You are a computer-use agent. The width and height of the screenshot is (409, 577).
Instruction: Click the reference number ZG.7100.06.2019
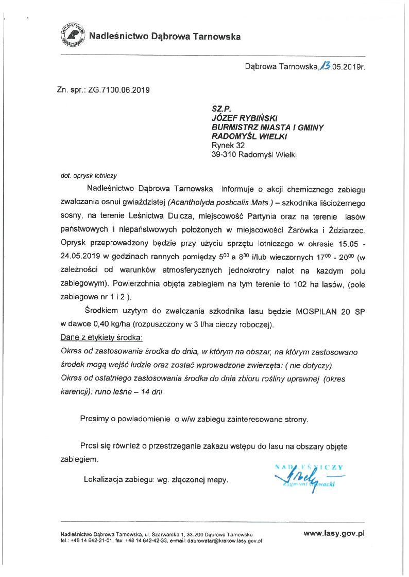tap(118, 90)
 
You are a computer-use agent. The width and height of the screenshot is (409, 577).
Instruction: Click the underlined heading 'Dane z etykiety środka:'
tap(102, 337)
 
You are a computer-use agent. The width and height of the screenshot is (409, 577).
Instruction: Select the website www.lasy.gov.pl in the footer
tap(334, 534)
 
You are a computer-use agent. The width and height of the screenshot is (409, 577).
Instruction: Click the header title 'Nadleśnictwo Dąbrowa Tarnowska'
tap(165, 36)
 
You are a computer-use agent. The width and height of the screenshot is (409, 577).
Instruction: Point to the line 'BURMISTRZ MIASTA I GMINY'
tap(268, 127)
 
